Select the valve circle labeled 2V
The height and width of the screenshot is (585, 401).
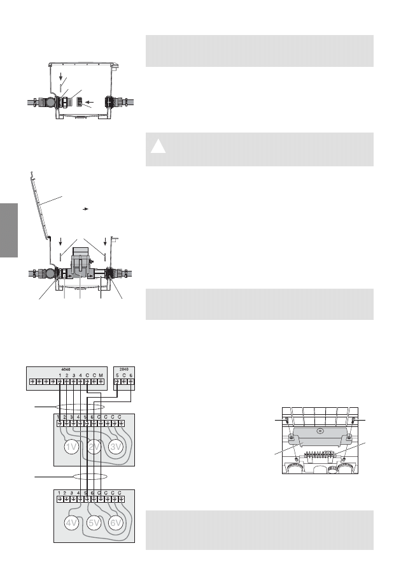pyautogui.click(x=95, y=447)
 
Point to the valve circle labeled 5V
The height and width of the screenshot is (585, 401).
pyautogui.click(x=95, y=524)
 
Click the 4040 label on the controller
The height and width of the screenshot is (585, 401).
pyautogui.click(x=66, y=368)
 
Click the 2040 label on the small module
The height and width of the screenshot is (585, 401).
pyautogui.click(x=125, y=368)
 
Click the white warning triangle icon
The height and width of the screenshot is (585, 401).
pyautogui.click(x=159, y=148)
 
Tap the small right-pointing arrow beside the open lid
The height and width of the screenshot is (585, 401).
pyautogui.click(x=85, y=208)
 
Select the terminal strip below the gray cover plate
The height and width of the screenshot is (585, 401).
pyautogui.click(x=320, y=455)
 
